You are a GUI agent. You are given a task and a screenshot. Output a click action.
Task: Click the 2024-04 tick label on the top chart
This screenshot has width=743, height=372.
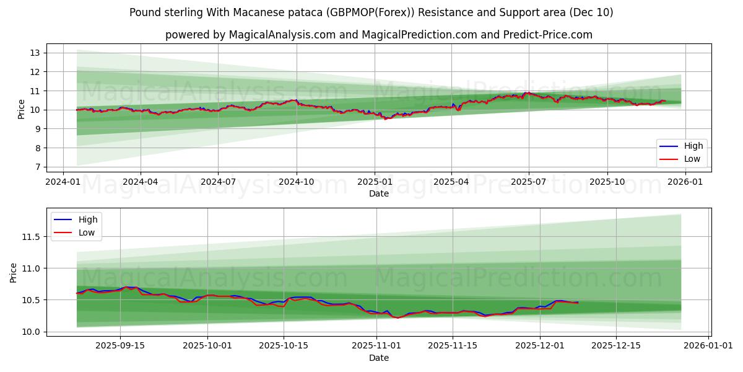pos(140,182)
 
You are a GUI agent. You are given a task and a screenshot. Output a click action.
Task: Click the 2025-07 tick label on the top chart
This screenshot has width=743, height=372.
pos(528,182)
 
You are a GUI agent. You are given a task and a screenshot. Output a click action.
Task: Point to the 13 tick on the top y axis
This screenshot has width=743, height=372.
pos(35,53)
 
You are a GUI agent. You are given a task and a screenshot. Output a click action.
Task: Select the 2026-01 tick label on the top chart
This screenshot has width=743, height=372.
pos(684,182)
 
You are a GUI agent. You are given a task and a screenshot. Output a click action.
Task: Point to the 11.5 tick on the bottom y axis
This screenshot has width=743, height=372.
pos(30,237)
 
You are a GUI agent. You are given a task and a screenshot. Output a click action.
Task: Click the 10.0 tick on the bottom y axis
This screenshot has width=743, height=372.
pos(30,332)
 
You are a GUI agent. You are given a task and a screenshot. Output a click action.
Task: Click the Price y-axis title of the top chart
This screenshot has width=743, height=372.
pos(22,110)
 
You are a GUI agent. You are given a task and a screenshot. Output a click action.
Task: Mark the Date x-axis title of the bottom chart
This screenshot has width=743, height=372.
pos(379,358)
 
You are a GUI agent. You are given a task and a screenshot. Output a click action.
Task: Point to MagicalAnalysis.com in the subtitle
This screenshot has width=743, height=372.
pos(280,35)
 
